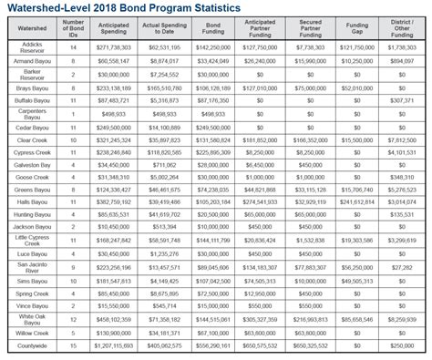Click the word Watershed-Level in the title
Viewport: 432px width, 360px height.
[x=57, y=8]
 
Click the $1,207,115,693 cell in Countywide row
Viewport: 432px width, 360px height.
[x=113, y=345]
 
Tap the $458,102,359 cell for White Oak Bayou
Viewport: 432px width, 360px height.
[x=113, y=320]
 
